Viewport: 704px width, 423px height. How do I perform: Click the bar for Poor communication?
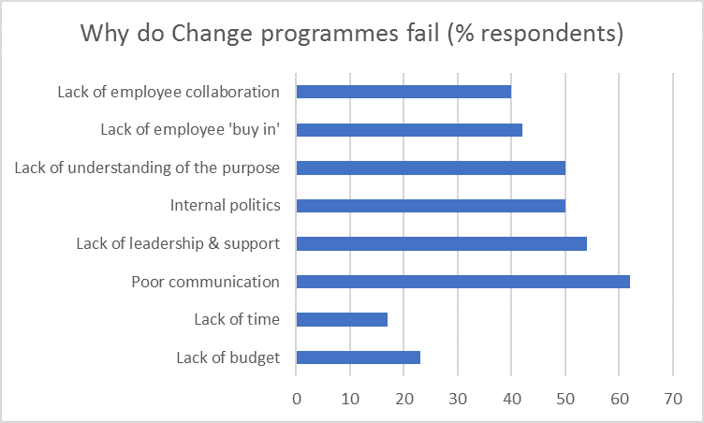point(462,282)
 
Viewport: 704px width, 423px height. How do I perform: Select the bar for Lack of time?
point(342,319)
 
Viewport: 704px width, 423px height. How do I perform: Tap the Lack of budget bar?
point(358,357)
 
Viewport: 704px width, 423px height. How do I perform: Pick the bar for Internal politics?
point(431,206)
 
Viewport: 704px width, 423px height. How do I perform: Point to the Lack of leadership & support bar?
point(441,243)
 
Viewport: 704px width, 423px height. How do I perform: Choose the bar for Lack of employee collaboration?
point(403,92)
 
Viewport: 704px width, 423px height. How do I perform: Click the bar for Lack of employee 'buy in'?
point(409,130)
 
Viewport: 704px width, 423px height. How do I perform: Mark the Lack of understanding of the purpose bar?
point(431,168)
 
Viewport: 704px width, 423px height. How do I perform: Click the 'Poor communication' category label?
point(205,282)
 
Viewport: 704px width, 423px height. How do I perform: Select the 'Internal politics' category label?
point(225,206)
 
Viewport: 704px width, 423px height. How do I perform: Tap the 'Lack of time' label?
point(236,319)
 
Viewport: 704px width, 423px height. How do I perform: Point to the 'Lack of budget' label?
point(227,357)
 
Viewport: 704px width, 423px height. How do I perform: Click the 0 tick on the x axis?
point(296,397)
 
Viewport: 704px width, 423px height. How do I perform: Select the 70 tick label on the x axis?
point(673,397)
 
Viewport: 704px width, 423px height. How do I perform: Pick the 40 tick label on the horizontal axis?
point(511,397)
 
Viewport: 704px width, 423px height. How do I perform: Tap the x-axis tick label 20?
point(403,397)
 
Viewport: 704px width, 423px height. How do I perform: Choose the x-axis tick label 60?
point(619,397)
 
